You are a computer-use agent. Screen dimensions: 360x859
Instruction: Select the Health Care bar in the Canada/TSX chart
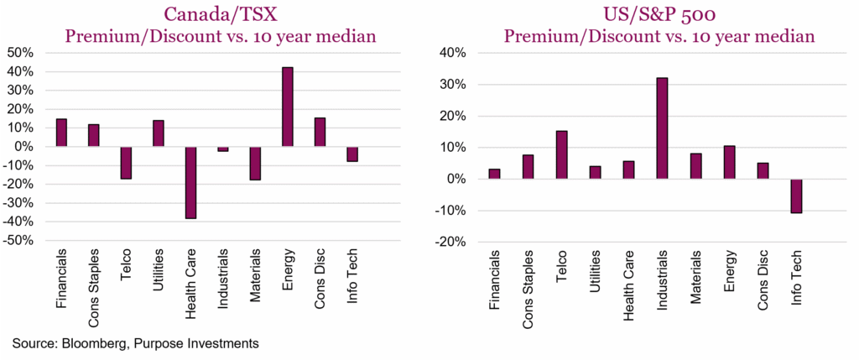click(191, 182)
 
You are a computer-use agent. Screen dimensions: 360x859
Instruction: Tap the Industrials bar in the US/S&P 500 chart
click(662, 128)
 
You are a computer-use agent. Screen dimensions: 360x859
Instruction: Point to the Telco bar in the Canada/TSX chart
click(126, 162)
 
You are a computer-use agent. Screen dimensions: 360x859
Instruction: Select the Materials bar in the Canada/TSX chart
click(255, 163)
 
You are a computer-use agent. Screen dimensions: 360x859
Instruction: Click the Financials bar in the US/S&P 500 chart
click(495, 174)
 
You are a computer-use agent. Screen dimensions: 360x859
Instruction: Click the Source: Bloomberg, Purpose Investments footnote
click(134, 342)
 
